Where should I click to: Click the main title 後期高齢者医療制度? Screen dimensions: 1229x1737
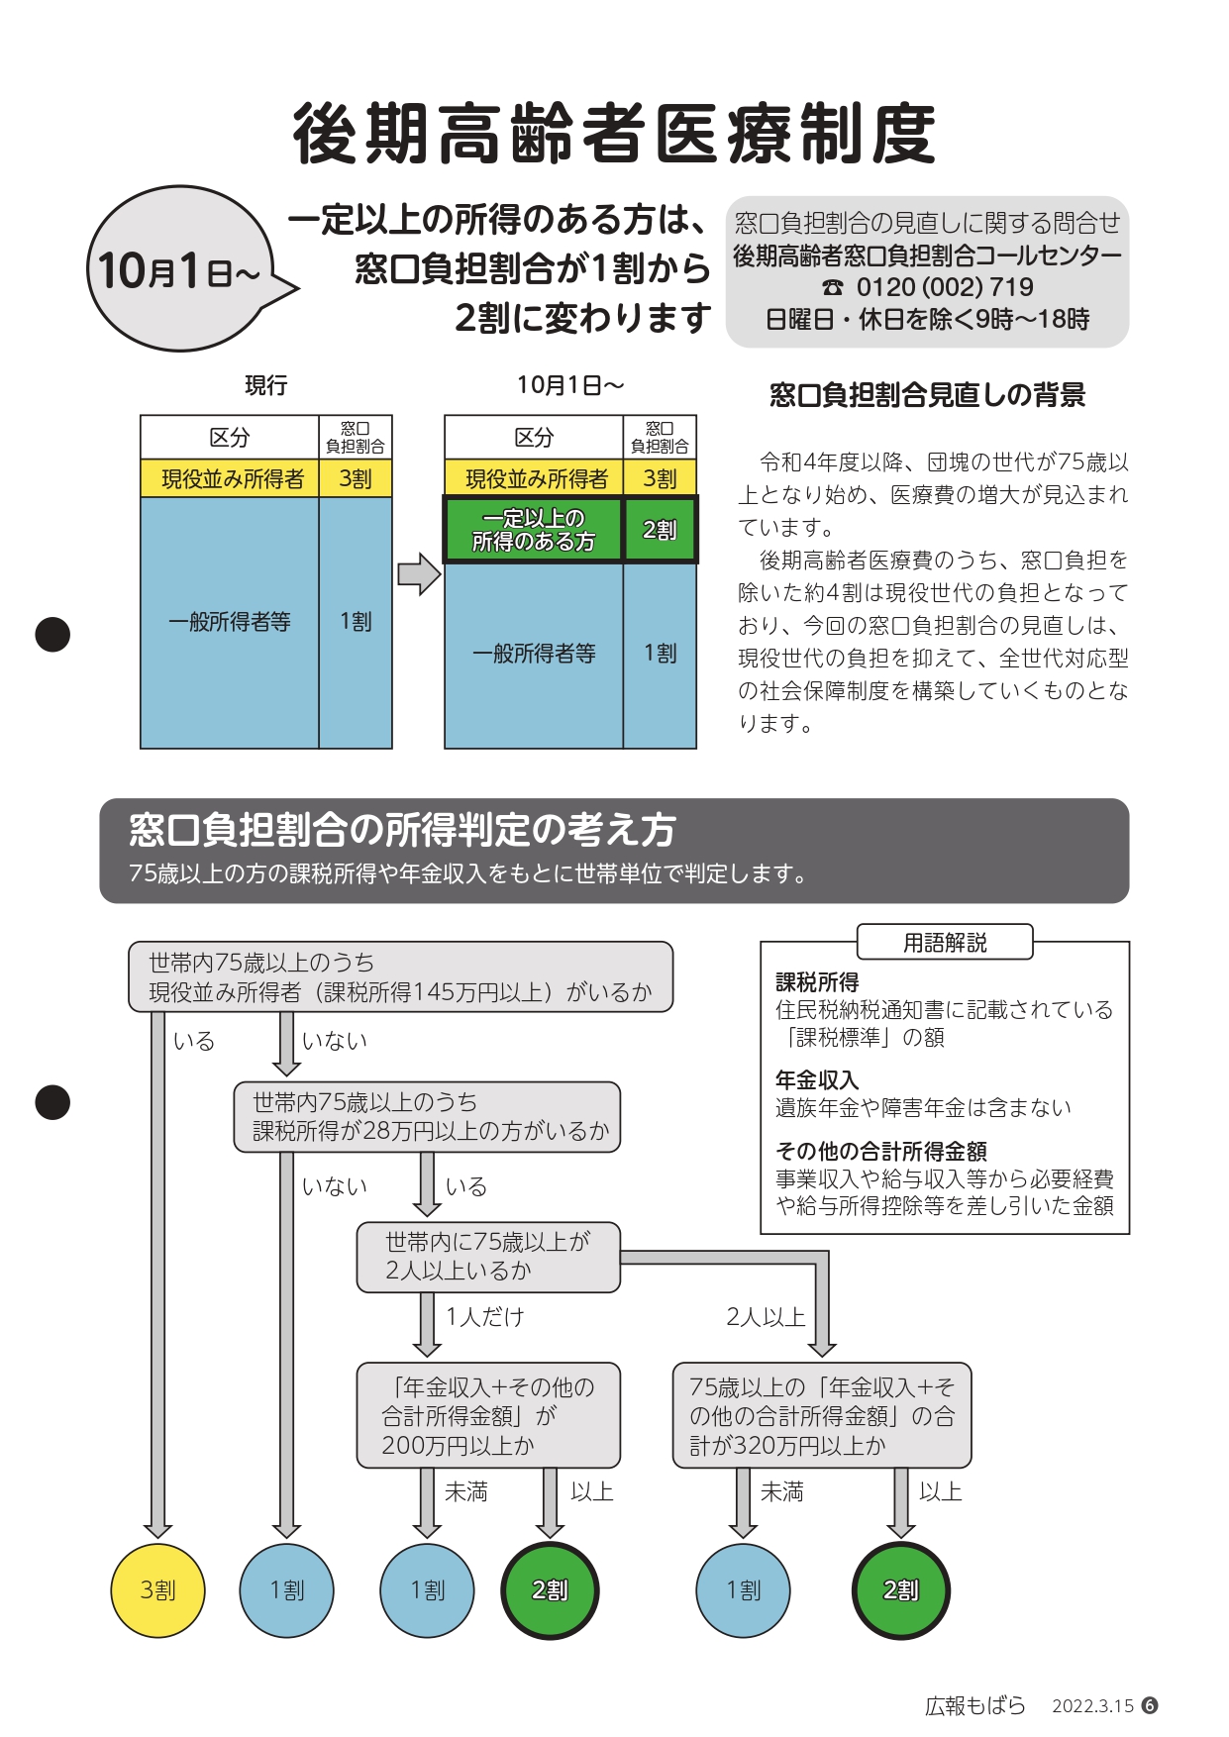tap(614, 133)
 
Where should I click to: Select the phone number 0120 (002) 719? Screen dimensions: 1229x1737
tap(945, 287)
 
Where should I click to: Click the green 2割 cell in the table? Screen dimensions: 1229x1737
tap(660, 530)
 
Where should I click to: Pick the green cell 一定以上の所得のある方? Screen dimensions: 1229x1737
tap(533, 530)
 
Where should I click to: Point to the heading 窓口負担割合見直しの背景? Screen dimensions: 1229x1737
tap(928, 395)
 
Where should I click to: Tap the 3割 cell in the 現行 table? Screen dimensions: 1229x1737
tap(356, 478)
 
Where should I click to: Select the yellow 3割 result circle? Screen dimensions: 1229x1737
tap(157, 1590)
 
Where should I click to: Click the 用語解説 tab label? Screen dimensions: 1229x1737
tap(945, 942)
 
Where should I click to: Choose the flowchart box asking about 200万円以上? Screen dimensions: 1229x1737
tap(488, 1415)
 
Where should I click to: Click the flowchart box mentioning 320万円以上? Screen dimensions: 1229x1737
tap(822, 1415)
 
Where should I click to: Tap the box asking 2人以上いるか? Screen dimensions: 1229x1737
tap(488, 1257)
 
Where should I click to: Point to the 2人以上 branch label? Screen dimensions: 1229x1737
tap(766, 1317)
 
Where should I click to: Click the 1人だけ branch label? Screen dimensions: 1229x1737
tap(485, 1317)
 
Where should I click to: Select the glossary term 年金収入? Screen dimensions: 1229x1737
tap(817, 1079)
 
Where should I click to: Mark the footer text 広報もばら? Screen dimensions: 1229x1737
tap(974, 1705)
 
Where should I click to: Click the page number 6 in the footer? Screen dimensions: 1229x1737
tap(1150, 1705)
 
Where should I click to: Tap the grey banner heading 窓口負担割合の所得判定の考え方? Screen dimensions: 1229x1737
tap(402, 830)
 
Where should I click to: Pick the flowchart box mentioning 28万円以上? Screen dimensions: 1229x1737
tap(427, 1117)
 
